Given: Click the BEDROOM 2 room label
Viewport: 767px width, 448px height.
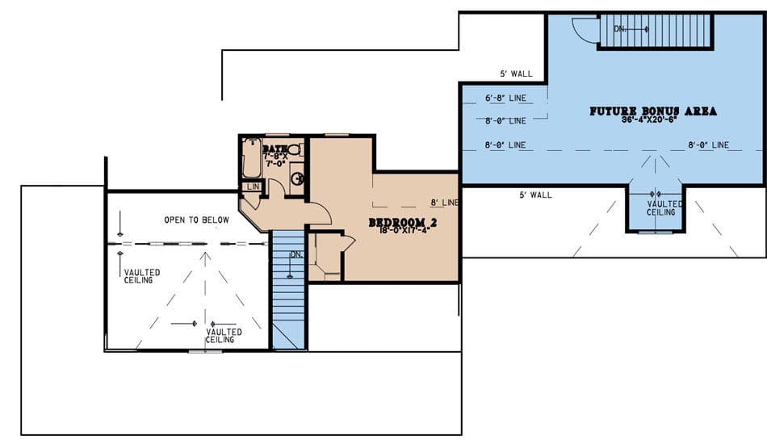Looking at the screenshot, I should point(402,222).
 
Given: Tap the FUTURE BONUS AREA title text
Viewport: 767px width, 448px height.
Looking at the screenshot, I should point(653,111).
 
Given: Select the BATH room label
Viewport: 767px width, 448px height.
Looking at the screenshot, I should point(275,149).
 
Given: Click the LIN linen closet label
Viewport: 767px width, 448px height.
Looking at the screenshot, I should point(250,186).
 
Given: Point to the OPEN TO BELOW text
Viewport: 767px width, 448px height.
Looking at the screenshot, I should point(196,220).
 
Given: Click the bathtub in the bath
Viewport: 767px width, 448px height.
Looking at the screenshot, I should point(250,160).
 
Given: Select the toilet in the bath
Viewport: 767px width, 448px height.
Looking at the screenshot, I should point(294,149).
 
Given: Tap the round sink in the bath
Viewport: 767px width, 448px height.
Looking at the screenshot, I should point(297,178).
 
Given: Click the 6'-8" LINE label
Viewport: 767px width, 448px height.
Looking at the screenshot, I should point(505,98).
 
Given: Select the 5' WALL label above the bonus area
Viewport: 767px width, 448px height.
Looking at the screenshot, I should point(517,74).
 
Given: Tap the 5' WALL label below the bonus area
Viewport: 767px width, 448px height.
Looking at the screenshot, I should point(535,195).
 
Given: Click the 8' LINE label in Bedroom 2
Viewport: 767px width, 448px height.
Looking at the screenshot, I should point(444,202).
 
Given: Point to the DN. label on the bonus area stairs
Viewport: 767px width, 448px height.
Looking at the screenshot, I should point(620,29).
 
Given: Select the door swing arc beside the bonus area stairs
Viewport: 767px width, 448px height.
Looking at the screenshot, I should point(585,30).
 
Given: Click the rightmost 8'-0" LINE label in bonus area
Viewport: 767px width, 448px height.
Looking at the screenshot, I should point(708,145).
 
